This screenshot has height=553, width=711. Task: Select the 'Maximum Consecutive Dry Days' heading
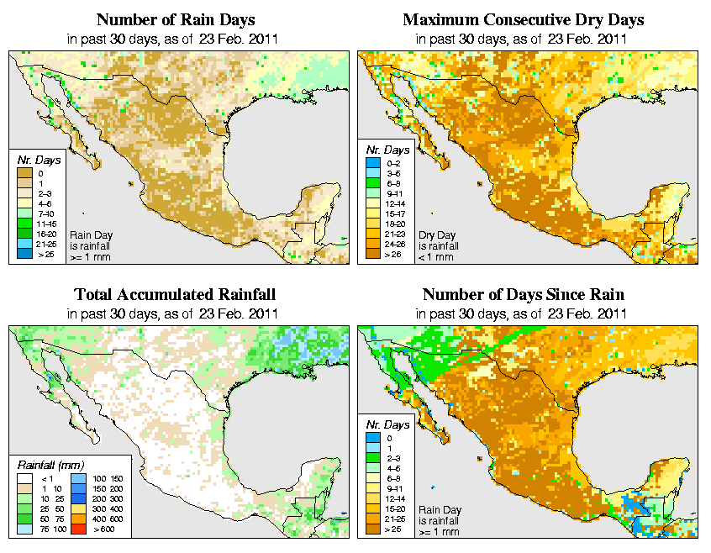(x=524, y=19)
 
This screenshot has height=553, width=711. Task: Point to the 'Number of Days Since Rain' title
(x=523, y=294)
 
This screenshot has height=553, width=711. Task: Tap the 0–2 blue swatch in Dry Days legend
(x=374, y=163)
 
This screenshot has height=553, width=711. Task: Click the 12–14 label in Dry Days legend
(x=394, y=203)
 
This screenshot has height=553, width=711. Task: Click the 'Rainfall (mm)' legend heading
(x=48, y=465)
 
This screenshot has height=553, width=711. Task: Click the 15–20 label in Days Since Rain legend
(x=394, y=509)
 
